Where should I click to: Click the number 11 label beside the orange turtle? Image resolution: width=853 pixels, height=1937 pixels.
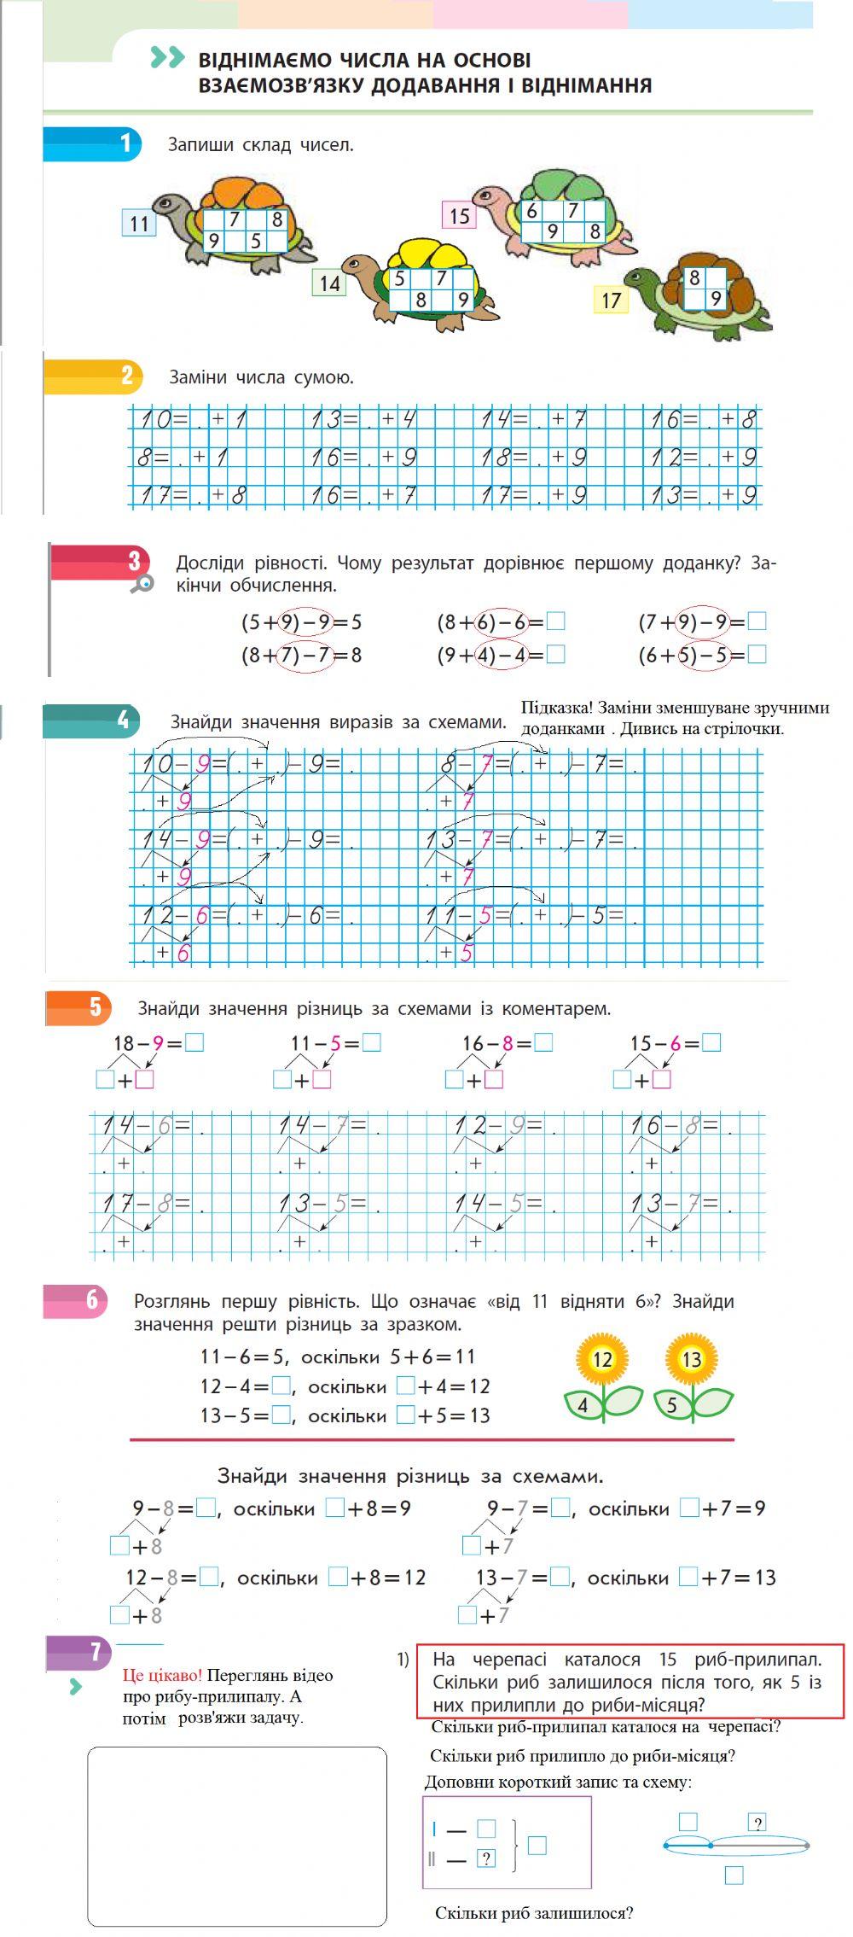click(138, 224)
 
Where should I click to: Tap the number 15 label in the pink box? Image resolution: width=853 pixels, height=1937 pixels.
click(459, 216)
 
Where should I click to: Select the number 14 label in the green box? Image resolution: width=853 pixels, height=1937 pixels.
click(329, 283)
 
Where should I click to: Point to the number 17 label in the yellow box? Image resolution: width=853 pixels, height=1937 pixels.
click(611, 300)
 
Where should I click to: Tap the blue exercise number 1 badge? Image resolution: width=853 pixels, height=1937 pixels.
click(125, 143)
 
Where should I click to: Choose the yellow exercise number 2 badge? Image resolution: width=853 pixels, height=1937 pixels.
click(125, 376)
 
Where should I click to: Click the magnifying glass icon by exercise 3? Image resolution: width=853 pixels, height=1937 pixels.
click(145, 583)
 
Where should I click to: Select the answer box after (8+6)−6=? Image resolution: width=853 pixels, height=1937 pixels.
click(555, 621)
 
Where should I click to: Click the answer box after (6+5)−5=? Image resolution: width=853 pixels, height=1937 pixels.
click(757, 655)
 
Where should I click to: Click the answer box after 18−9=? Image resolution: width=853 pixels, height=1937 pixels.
click(194, 1042)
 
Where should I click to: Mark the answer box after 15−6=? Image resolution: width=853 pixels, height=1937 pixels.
click(711, 1042)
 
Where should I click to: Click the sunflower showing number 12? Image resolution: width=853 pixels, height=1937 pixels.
click(602, 1359)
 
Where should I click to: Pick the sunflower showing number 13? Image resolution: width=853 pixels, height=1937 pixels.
click(692, 1359)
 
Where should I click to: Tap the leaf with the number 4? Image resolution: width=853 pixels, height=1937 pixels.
click(583, 1404)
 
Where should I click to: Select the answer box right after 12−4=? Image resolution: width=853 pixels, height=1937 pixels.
click(281, 1386)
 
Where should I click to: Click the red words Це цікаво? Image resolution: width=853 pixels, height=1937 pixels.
click(163, 1675)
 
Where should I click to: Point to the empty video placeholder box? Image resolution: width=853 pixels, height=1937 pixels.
click(237, 1835)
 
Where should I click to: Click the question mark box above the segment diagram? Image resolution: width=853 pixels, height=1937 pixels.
click(757, 1823)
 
